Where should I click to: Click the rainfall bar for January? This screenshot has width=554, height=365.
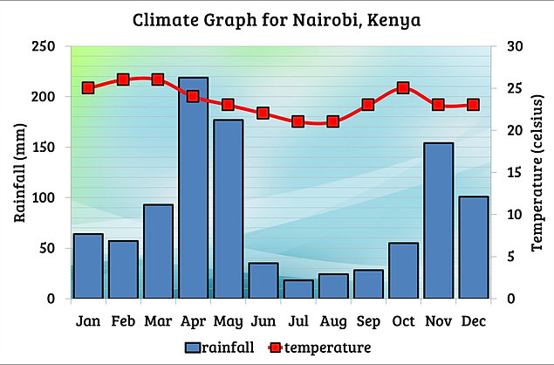point(88,265)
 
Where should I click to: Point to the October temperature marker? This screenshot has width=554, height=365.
point(403,88)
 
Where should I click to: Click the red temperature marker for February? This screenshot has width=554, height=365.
point(123,79)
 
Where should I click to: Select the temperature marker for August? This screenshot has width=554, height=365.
point(332,121)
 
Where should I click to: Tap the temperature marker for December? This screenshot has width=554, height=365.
point(473,105)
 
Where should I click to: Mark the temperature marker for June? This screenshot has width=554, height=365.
point(263,114)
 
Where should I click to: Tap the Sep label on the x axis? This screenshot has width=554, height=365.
point(367,320)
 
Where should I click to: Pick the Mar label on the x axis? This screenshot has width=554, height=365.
point(158,320)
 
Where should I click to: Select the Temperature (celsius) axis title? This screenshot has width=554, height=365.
point(535,172)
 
